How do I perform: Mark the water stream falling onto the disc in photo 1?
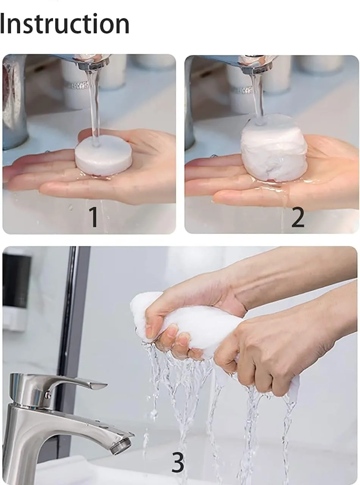(x=93, y=106)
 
